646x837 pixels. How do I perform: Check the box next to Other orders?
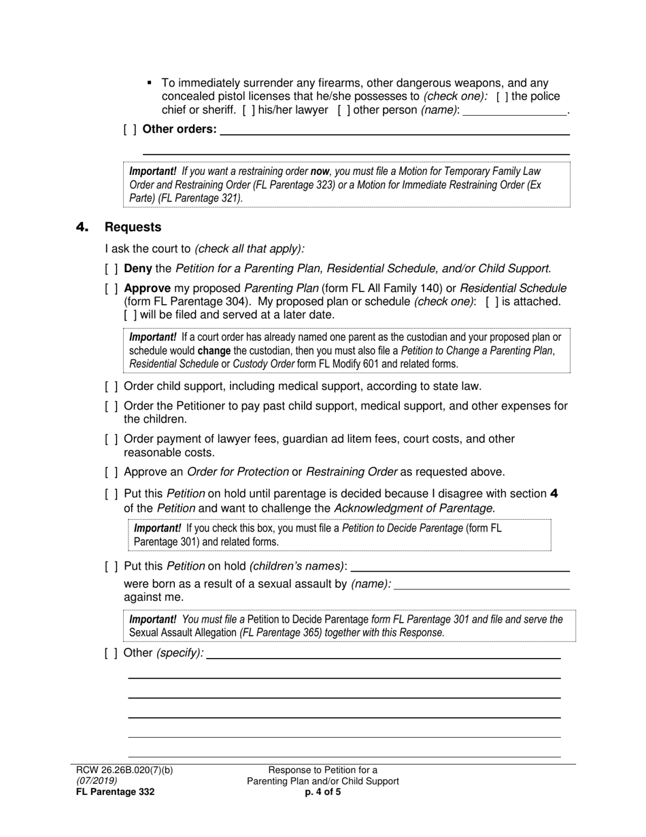click(129, 129)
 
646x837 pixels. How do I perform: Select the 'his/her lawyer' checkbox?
click(248, 110)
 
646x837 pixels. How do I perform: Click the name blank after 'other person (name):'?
click(514, 110)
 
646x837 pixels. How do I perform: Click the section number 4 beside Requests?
click(82, 227)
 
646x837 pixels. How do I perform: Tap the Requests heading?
click(133, 227)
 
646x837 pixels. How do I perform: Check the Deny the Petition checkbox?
click(111, 269)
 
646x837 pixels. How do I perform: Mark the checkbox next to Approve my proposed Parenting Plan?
click(111, 289)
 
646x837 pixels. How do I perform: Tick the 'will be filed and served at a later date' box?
click(130, 315)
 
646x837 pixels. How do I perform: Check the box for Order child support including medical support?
click(111, 387)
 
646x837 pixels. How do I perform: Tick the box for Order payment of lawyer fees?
click(111, 440)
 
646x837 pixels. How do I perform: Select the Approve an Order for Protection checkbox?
click(111, 472)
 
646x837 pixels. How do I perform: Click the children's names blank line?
click(460, 566)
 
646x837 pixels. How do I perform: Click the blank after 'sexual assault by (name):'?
click(481, 584)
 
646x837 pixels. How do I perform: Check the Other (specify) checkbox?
click(111, 653)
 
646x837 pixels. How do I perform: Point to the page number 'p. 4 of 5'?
click(323, 792)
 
